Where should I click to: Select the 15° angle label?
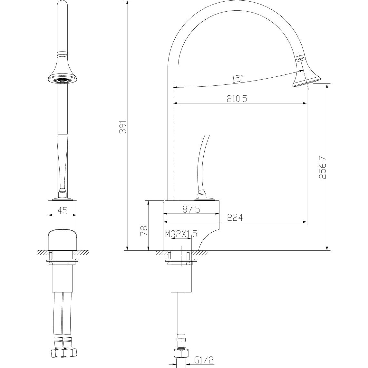238,78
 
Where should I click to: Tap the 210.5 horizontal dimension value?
237,99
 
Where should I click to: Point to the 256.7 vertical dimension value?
324,168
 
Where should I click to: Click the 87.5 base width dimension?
191,209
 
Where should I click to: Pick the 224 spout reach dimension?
235,218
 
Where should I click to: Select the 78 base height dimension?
144,231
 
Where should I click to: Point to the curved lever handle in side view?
202,164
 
